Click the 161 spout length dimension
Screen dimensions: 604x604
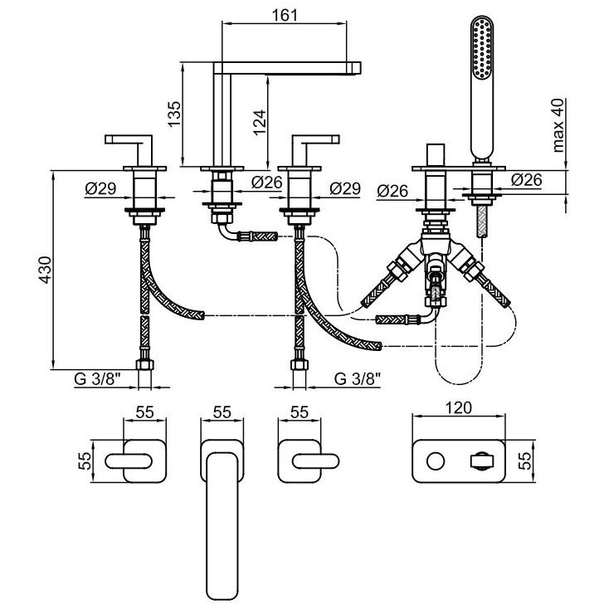point(285,16)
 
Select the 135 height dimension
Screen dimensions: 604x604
point(173,113)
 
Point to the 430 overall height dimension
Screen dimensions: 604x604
point(46,270)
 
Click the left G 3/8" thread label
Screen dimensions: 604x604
point(98,379)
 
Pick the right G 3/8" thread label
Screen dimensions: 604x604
point(358,379)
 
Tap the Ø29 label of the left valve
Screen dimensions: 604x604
point(100,189)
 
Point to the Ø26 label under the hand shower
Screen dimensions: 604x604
point(528,179)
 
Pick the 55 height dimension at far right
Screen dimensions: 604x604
point(524,461)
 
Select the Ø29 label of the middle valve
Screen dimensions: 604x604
point(345,189)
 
